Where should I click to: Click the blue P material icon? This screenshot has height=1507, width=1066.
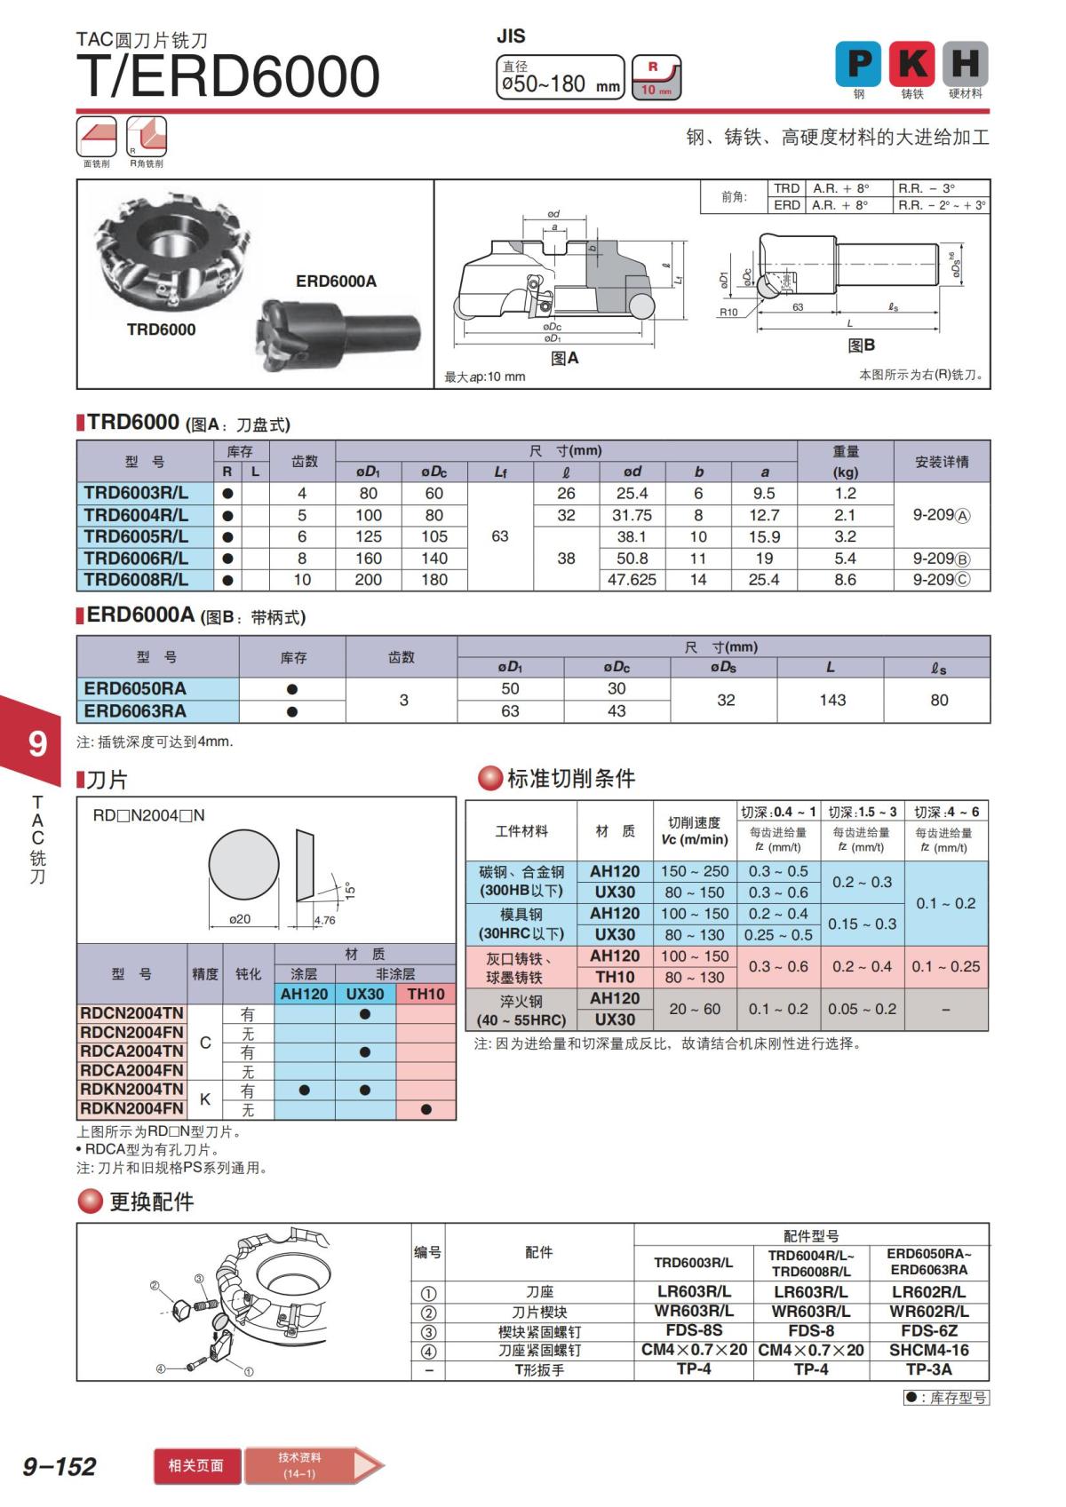pyautogui.click(x=858, y=64)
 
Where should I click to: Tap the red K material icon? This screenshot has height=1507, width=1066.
pyautogui.click(x=911, y=64)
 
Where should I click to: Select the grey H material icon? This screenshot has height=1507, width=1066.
pyautogui.click(x=965, y=64)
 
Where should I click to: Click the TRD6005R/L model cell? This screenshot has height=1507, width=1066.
pyautogui.click(x=136, y=536)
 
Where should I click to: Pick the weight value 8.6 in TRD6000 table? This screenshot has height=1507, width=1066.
pyautogui.click(x=845, y=580)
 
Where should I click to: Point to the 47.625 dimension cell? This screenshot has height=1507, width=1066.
pyautogui.click(x=632, y=580)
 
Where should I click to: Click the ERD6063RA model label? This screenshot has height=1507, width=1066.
pyautogui.click(x=135, y=711)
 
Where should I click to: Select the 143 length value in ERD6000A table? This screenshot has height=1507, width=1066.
pyautogui.click(x=832, y=700)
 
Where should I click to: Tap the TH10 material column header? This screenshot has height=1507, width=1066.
pyautogui.click(x=426, y=994)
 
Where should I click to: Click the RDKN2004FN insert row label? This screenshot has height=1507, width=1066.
pyautogui.click(x=131, y=1108)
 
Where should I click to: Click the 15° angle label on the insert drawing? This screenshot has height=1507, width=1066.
pyautogui.click(x=349, y=890)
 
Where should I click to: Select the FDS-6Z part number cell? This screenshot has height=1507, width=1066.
pyautogui.click(x=928, y=1330)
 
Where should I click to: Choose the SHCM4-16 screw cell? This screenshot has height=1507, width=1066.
pyautogui.click(x=928, y=1350)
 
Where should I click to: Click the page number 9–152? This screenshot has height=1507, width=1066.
pyautogui.click(x=60, y=1466)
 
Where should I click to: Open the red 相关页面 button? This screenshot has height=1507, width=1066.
pyautogui.click(x=196, y=1465)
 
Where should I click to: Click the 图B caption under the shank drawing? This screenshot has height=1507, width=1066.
pyautogui.click(x=861, y=345)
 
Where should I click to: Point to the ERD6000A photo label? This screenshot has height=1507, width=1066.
pyautogui.click(x=336, y=282)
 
